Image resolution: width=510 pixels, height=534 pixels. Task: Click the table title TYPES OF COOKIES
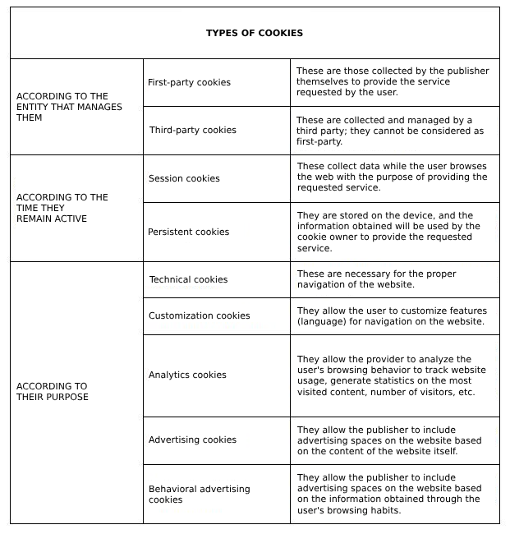(255, 33)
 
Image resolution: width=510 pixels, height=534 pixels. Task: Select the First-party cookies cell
(189, 82)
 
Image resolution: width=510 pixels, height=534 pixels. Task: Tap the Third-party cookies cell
(192, 130)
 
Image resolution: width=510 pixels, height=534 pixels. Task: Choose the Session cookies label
(184, 178)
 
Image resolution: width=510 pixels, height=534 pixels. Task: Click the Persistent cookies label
(188, 232)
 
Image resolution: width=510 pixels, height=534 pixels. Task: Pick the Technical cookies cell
(188, 279)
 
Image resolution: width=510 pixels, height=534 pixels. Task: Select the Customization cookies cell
(199, 315)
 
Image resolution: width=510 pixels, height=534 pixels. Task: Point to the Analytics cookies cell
(187, 375)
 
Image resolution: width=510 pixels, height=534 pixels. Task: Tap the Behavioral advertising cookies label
(199, 494)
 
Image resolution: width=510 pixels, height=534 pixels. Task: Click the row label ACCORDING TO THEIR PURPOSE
(53, 391)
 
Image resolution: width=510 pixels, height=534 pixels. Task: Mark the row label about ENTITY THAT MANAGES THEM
(69, 107)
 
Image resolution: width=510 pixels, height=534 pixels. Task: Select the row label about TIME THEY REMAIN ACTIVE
(62, 208)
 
